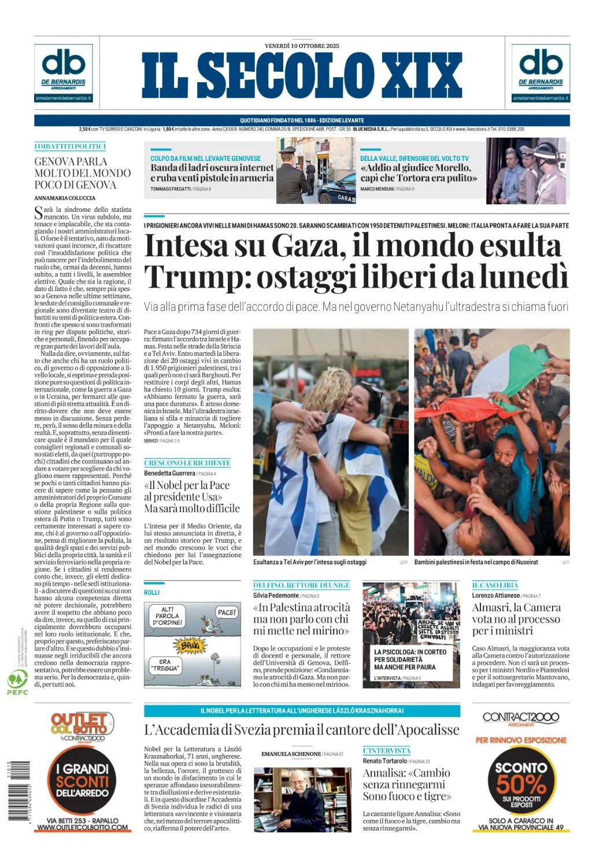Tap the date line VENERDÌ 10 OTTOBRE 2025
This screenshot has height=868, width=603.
coord(302,46)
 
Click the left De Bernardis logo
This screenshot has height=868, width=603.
coord(64,73)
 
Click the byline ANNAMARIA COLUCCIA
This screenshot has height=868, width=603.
coord(65,198)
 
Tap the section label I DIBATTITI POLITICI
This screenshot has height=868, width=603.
coord(70,146)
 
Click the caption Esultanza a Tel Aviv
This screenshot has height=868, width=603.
coord(309,562)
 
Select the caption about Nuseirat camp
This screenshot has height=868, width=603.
coord(476,562)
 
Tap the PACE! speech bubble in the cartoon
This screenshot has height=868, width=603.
coord(226,612)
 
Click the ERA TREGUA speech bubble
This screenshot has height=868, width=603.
coord(165,665)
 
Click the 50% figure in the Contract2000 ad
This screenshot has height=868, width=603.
coord(520,784)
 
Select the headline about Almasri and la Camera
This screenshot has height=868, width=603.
coord(516,619)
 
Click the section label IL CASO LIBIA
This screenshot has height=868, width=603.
coord(495,585)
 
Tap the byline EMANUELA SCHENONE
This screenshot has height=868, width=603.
coord(291,754)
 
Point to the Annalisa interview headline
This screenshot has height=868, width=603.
coord(406,784)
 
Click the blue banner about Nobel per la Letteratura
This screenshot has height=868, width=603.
coord(302,711)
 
